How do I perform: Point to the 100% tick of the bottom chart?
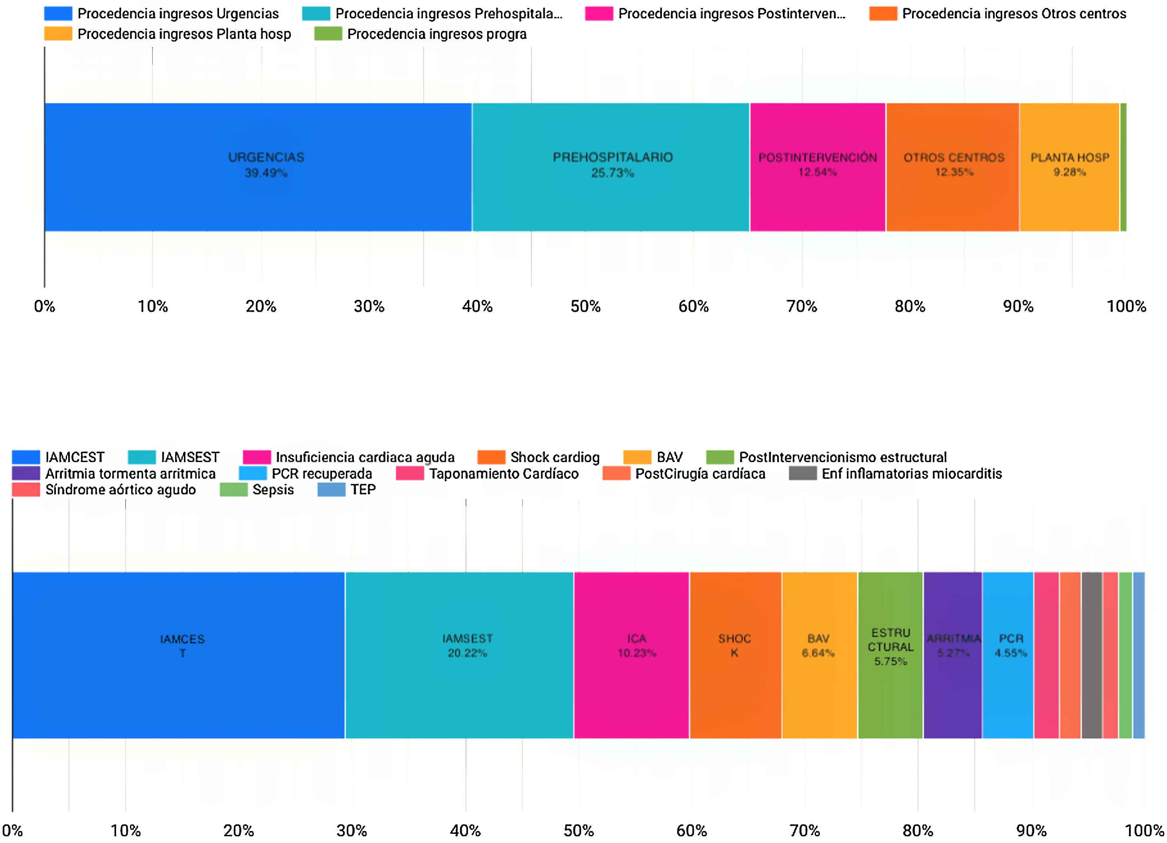pos(1144,830)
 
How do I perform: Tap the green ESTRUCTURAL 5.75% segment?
pos(890,655)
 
